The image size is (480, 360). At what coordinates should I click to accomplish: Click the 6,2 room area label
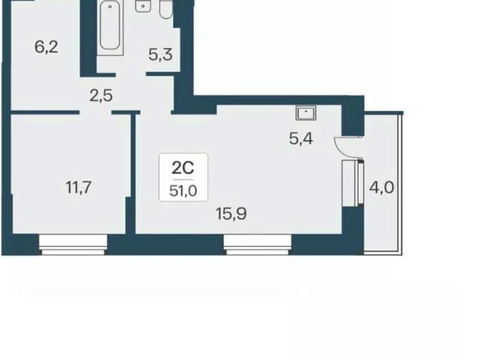(x=46, y=47)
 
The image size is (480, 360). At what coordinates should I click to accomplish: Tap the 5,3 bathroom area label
(x=160, y=55)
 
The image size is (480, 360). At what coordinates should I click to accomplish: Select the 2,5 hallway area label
(x=101, y=96)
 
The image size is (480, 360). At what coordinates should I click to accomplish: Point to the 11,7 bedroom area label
(x=79, y=187)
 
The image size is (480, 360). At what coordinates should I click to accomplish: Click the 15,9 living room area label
(x=231, y=214)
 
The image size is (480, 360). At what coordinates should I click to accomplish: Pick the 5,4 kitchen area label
(x=301, y=139)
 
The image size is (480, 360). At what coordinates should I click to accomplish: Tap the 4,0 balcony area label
(x=382, y=187)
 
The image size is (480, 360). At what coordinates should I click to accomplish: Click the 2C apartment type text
(x=183, y=168)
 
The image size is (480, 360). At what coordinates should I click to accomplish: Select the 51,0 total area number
(x=183, y=191)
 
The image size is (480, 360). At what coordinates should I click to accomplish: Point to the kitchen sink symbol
(x=306, y=112)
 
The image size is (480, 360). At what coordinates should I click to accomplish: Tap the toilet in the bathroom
(x=166, y=9)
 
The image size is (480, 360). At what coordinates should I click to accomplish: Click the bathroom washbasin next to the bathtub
(x=143, y=6)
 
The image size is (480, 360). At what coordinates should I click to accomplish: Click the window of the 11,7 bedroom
(x=73, y=244)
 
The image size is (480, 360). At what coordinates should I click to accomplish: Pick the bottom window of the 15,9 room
(x=257, y=244)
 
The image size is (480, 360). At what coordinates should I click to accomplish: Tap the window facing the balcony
(x=352, y=182)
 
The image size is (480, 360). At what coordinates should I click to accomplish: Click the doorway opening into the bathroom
(x=130, y=74)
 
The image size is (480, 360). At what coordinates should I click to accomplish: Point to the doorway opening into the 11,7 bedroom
(x=95, y=112)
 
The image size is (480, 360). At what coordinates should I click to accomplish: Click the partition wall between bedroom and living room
(x=133, y=174)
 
